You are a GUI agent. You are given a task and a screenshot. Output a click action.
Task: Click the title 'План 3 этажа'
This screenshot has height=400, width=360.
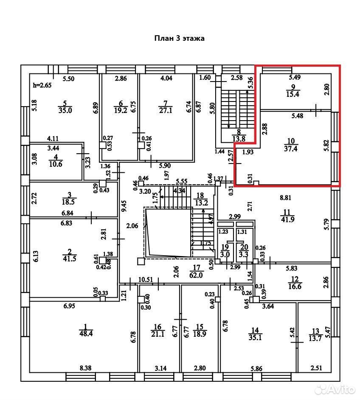click(179, 38)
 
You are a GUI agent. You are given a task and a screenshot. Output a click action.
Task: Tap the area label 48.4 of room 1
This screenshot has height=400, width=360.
click(86, 333)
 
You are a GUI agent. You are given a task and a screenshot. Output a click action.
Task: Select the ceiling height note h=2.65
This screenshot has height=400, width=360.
click(42, 85)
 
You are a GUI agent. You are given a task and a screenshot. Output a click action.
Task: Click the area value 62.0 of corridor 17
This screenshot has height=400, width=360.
click(196, 275)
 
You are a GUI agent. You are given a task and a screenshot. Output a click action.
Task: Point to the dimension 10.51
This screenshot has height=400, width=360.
click(146, 279)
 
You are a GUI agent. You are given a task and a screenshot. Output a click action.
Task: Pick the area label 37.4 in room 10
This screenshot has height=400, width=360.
click(291, 149)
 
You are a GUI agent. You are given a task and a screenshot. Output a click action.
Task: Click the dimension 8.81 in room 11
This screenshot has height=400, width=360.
click(285, 197)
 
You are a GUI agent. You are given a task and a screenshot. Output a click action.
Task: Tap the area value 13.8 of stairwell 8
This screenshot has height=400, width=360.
click(239, 139)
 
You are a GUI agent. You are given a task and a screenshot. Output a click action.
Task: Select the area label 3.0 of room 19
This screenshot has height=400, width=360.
click(225, 254)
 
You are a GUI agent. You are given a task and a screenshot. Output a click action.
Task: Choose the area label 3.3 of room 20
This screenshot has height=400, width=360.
click(244, 254)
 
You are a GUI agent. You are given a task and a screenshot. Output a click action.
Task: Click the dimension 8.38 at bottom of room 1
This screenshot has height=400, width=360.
click(85, 368)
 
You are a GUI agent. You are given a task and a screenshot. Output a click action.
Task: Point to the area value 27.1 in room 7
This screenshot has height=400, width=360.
click(166, 110)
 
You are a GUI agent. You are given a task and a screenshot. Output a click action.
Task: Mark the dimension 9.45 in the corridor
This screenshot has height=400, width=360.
click(124, 206)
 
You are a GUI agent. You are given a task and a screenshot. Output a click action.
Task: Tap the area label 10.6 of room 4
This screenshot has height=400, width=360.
click(56, 164)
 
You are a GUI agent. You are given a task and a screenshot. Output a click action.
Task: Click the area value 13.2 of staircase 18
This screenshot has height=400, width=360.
click(201, 203)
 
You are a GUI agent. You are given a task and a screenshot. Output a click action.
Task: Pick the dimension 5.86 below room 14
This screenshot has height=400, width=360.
click(256, 369)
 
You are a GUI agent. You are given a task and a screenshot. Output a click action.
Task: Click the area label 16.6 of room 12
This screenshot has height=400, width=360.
click(295, 286)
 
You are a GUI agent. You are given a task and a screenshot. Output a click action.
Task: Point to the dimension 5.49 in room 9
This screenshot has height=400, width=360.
click(295, 77)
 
